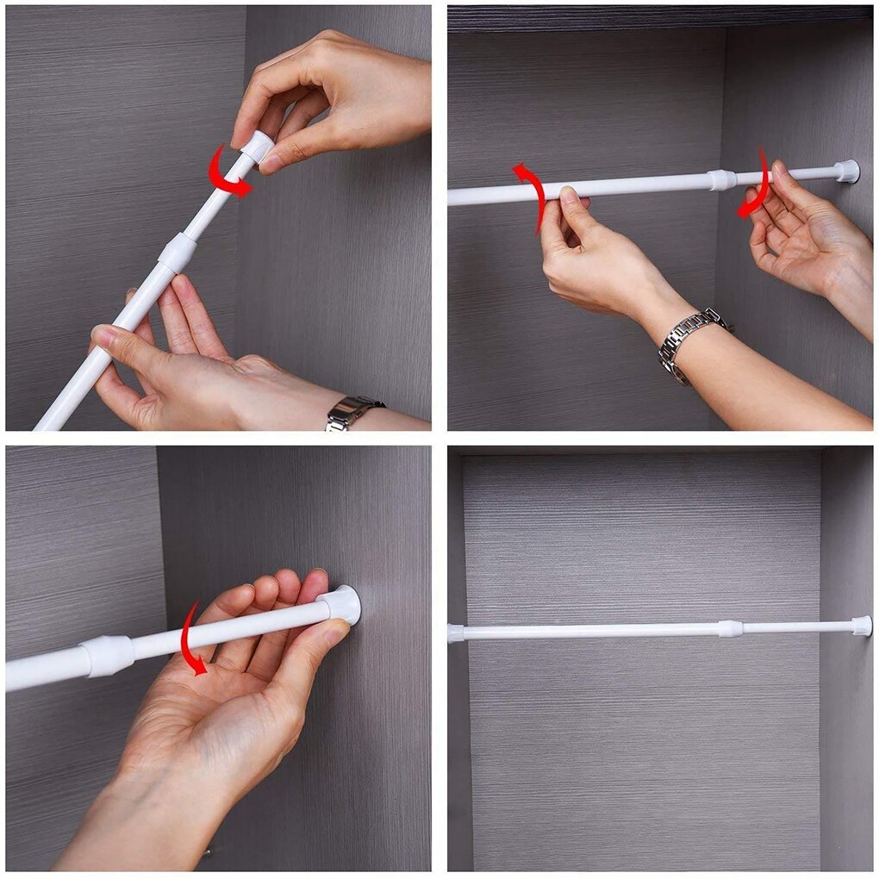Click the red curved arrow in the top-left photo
[x=226, y=174]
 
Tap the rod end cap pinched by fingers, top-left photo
[x=257, y=146]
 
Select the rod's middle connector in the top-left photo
[x=178, y=252]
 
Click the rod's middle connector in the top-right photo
[x=722, y=180]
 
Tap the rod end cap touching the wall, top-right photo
[x=846, y=171]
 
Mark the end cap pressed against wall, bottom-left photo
[x=343, y=604]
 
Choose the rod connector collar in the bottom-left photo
[x=108, y=655]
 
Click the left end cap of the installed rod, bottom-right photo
[x=456, y=633]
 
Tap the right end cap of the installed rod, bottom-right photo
[x=861, y=626]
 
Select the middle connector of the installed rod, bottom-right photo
[x=730, y=629]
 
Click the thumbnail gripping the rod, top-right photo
[x=569, y=196]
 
